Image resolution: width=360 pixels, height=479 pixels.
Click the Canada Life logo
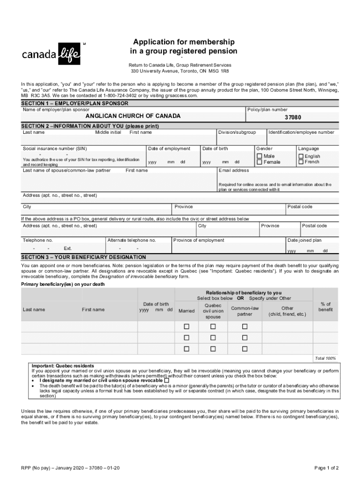tap(51, 53)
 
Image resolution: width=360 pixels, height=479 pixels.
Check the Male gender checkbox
tap(259, 156)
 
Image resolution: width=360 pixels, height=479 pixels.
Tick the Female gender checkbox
tap(259, 162)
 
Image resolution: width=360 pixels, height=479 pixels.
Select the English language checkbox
tap(301, 156)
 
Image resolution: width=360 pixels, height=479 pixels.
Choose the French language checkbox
tap(301, 162)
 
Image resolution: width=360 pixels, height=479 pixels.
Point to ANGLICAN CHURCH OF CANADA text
tap(133, 116)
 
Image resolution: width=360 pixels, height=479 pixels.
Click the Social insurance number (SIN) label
tap(55, 149)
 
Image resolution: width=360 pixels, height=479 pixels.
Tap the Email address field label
tap(234, 171)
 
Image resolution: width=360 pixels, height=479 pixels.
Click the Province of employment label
tap(199, 240)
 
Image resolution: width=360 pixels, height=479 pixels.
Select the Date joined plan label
tap(304, 240)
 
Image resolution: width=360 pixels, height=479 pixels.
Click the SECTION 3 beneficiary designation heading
tap(84, 257)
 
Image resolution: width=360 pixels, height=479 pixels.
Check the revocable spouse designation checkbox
tap(167, 380)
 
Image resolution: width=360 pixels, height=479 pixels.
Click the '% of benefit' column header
tap(326, 307)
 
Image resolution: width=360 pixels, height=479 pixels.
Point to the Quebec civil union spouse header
tap(213, 311)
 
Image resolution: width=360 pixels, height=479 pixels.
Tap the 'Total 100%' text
tap(325, 358)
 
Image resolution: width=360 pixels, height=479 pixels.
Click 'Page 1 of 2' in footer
tap(326, 468)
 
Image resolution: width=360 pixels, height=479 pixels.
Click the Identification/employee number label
tap(301, 132)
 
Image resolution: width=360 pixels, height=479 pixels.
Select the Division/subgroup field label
tap(237, 132)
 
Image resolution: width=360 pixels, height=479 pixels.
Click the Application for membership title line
tap(183, 42)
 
